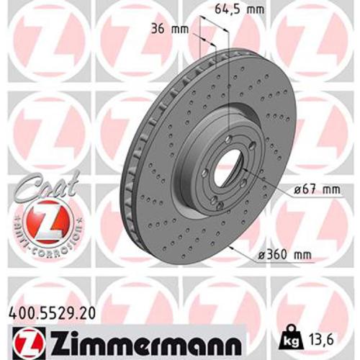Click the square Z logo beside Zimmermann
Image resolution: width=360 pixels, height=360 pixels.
pyautogui.click(x=23, y=338)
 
